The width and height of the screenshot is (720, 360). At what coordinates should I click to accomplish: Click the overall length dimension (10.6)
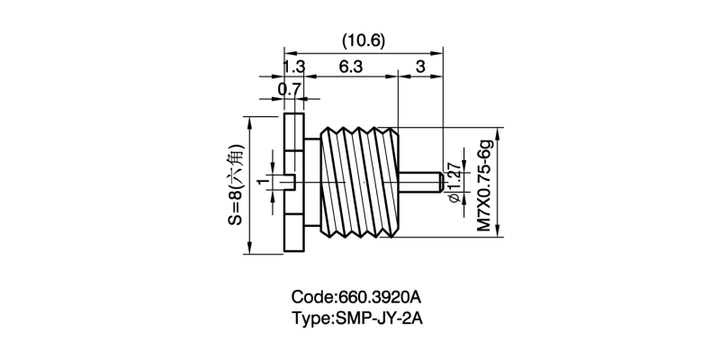[x=364, y=40]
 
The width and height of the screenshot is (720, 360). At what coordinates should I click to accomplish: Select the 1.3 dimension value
[x=294, y=67]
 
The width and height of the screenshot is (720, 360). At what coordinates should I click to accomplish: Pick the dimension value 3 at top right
[x=420, y=67]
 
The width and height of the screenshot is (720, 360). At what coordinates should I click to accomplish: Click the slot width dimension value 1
[x=262, y=184]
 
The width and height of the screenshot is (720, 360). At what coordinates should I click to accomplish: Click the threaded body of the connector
[x=360, y=184]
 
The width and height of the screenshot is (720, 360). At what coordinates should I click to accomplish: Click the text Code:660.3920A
[x=357, y=296]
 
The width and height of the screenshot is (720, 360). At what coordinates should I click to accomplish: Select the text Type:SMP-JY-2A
[x=357, y=318]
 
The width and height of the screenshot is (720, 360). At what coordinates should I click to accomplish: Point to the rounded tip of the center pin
[x=438, y=184]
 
